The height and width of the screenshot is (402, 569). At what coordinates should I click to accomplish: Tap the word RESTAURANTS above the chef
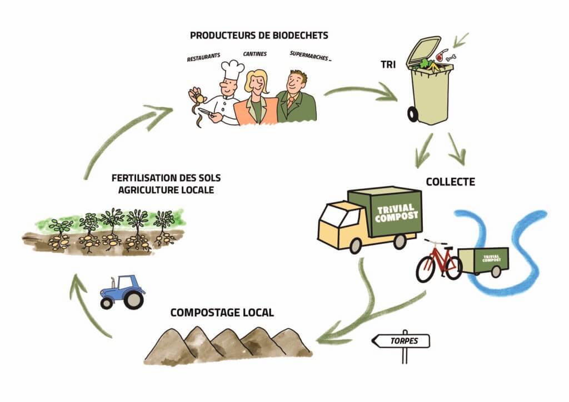204,57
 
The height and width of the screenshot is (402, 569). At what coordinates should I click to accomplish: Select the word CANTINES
255,54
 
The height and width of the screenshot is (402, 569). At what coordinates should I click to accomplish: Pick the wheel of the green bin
413,114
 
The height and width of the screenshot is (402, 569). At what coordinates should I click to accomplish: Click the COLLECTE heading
450,182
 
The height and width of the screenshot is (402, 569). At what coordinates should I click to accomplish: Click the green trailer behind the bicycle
484,259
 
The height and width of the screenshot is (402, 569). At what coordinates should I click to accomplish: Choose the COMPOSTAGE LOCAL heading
222,313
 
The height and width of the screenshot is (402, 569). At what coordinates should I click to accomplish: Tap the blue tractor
123,291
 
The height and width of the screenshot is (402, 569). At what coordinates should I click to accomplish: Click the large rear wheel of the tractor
133,300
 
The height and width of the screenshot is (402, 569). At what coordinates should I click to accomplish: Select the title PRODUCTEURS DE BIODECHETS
259,36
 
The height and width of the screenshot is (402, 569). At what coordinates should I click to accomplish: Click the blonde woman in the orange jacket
256,100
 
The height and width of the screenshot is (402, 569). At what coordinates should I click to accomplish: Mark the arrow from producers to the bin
361,93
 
